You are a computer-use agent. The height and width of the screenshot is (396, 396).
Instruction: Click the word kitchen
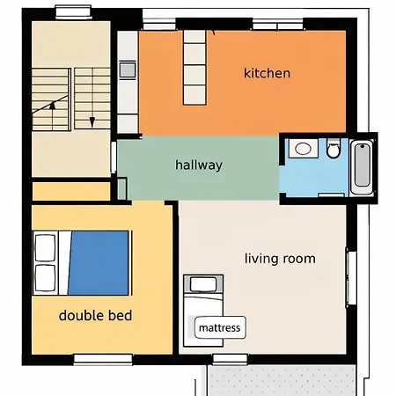pos(267,73)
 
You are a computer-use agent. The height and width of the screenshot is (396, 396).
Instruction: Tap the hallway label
pos(199,165)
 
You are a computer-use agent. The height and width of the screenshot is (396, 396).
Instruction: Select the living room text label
pos(280,258)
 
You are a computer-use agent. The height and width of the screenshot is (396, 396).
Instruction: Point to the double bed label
pos(95,314)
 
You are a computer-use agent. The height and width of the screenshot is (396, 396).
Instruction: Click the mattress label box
pos(219,327)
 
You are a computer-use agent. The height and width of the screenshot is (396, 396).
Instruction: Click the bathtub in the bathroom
pos(361,167)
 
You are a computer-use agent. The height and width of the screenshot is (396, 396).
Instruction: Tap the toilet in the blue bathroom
pos(333,150)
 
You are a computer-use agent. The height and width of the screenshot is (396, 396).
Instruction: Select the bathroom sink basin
pos(304,148)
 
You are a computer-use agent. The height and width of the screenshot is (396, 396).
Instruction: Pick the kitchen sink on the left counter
pos(127,69)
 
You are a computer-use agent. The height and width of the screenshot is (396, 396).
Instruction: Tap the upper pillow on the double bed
pos(46,247)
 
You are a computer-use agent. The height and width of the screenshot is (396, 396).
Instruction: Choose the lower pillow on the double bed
pos(46,278)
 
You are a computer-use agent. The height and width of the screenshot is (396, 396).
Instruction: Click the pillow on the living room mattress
pos(203,284)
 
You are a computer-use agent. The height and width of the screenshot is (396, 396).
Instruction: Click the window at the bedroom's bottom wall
pos(103,358)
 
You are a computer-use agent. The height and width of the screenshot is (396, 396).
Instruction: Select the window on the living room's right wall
pos(351,277)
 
